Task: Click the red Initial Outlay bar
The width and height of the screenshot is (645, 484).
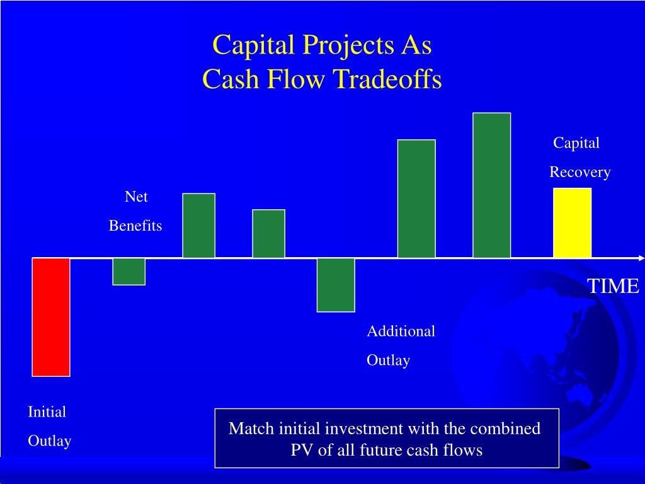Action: (51, 318)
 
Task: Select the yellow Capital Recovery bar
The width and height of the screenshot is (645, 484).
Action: (572, 223)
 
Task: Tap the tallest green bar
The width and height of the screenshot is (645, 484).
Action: (491, 185)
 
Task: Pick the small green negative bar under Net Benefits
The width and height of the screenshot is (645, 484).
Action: (128, 272)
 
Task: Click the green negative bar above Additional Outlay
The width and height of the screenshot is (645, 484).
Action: (336, 285)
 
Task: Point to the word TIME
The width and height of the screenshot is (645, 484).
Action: (613, 286)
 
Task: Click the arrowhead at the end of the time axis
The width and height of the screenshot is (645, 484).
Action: (641, 258)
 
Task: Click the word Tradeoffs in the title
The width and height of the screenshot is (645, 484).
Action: (387, 79)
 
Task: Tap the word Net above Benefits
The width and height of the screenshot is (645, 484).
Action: (136, 197)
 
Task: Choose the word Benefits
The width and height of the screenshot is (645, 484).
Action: (135, 226)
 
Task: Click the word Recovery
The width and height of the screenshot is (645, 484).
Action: (580, 172)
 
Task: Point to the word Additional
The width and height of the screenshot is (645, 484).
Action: (401, 331)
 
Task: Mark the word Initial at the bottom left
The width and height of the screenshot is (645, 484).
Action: (47, 412)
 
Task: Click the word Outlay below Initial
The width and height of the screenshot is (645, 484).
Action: (50, 441)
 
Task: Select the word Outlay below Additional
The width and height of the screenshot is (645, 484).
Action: (388, 360)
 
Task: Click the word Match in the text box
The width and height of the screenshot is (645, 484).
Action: (251, 429)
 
